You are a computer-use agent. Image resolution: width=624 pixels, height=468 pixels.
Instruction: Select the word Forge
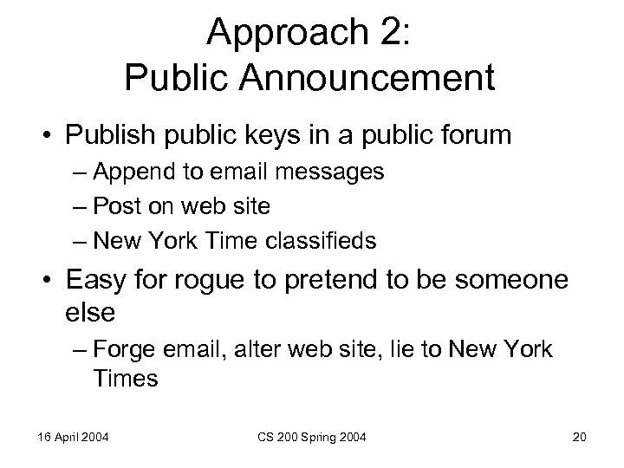coord(127,350)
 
